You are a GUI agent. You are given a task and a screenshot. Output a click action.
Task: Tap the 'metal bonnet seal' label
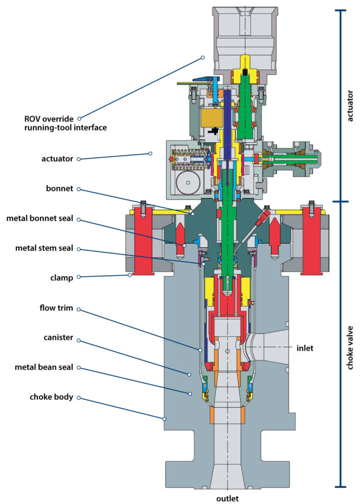[x=43, y=219]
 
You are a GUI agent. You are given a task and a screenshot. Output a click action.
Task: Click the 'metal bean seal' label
[x=46, y=368]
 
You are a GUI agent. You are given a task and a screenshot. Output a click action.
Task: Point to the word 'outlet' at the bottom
[x=227, y=498]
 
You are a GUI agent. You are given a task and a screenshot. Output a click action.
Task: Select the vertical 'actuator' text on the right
[x=350, y=105]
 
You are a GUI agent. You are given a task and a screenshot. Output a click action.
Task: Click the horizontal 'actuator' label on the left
[x=57, y=159]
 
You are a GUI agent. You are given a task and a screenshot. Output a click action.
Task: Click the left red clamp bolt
[x=143, y=241]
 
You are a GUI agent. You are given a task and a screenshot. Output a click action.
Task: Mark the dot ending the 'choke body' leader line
[x=164, y=419]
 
